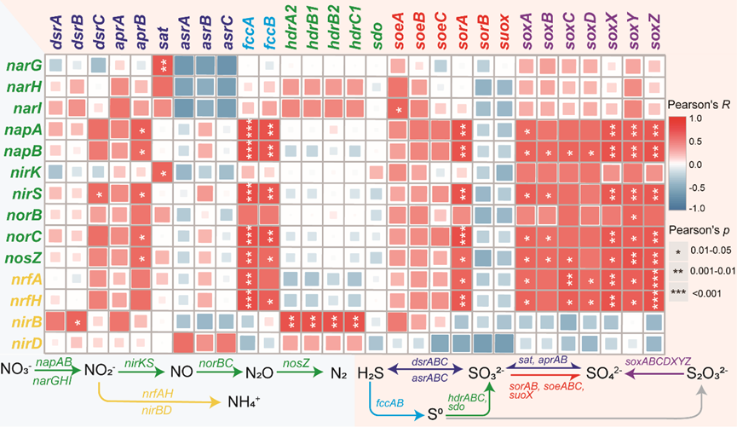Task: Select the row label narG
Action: tap(22, 65)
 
